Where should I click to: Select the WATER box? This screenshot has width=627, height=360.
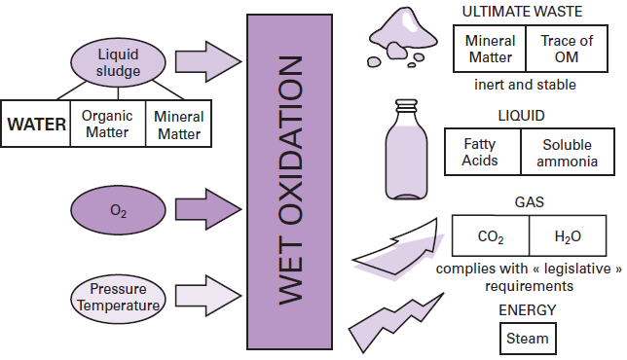coord(37,124)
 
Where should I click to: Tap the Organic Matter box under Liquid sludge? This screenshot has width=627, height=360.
coord(107,124)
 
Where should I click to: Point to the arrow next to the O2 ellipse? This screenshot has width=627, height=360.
coord(208,209)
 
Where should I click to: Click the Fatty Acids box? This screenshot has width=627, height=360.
coord(481,153)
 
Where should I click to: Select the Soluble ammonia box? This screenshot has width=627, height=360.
coord(561,153)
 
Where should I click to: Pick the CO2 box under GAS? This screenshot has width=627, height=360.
coord(491,236)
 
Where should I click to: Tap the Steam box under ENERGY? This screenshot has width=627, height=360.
coord(527,340)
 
